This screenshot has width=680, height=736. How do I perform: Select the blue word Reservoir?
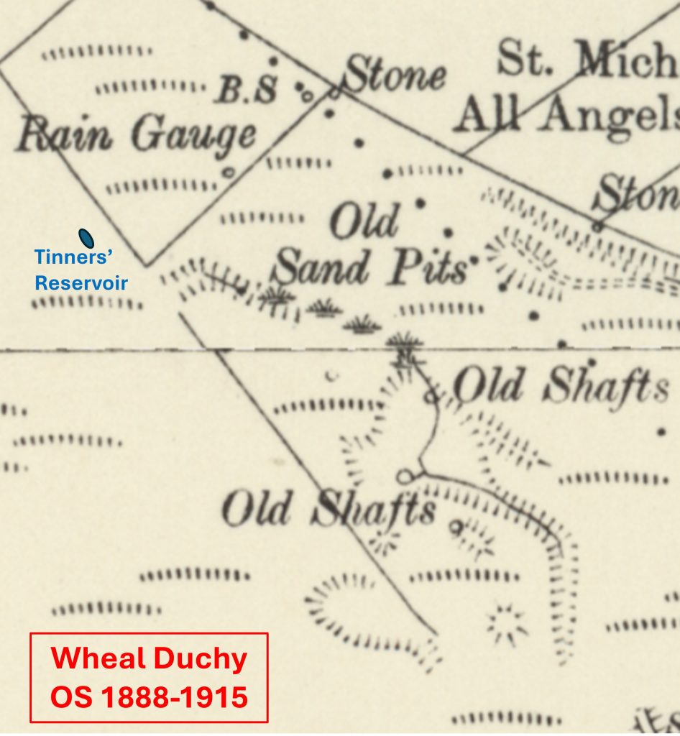point(81,282)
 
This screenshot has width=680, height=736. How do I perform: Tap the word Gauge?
point(193,135)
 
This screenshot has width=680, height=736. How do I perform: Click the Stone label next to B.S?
point(395,75)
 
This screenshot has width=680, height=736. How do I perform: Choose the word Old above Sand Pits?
point(363,222)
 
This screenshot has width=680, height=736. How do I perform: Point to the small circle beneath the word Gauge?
point(229,172)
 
